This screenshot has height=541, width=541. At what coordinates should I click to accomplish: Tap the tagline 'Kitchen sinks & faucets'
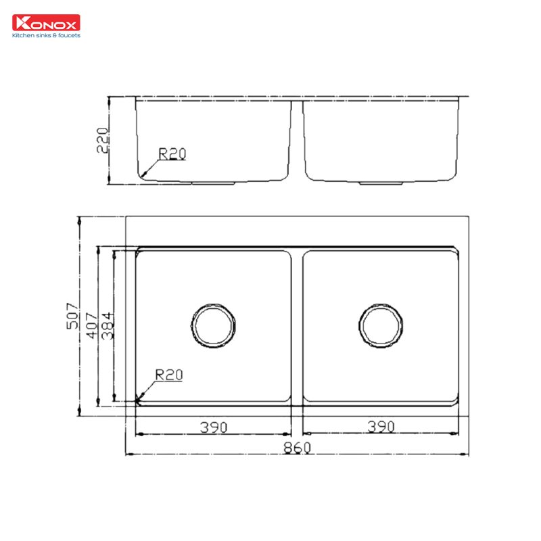(x=46, y=35)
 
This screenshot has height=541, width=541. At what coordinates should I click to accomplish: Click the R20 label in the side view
(x=172, y=154)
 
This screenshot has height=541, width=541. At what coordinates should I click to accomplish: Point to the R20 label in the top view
(x=168, y=374)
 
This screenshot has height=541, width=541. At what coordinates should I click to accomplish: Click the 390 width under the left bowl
(x=213, y=427)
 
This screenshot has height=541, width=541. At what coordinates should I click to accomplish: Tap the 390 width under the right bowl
(x=381, y=427)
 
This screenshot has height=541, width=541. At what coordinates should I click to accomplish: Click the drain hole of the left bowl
(x=214, y=325)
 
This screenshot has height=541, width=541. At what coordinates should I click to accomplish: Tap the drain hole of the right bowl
(x=381, y=325)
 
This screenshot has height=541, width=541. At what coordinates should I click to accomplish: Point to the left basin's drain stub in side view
(x=213, y=183)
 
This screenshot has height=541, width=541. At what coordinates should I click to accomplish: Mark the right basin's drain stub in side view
(x=381, y=183)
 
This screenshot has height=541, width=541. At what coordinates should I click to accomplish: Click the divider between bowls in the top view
(x=297, y=325)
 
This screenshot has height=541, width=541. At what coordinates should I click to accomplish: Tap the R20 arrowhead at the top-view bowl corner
(x=140, y=399)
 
